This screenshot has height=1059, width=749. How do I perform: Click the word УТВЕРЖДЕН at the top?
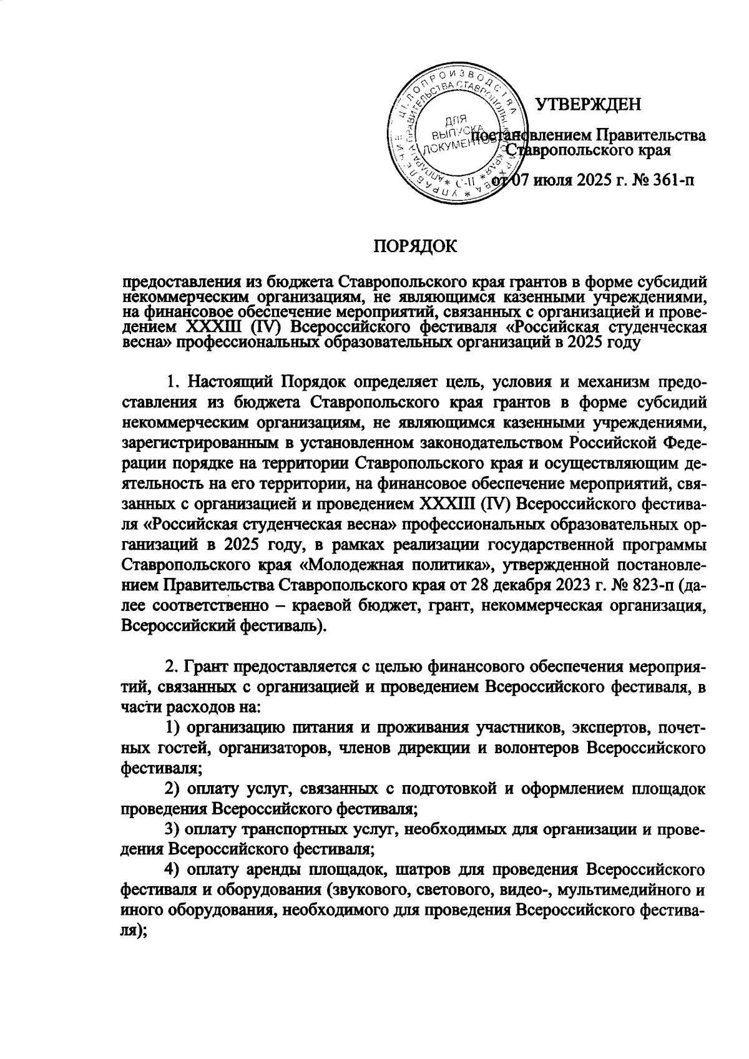589,104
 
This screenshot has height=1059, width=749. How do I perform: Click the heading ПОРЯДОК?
415,246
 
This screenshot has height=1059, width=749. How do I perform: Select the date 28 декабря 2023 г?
542,587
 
